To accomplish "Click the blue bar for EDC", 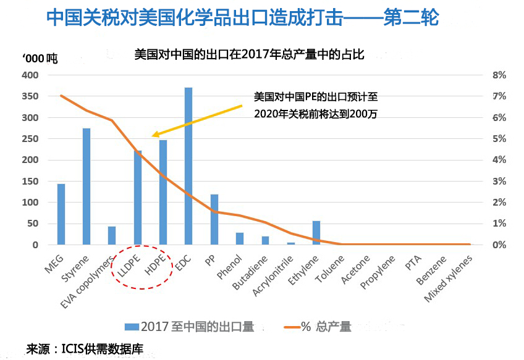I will (188, 166).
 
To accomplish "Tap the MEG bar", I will (61, 214).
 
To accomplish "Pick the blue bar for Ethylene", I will (316, 233).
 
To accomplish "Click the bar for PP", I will (214, 220).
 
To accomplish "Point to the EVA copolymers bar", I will (112, 235).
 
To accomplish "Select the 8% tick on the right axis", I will (499, 75).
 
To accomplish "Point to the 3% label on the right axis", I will (499, 181).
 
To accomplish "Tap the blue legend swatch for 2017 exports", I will (132, 327).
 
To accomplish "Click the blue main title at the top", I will (243, 17).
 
